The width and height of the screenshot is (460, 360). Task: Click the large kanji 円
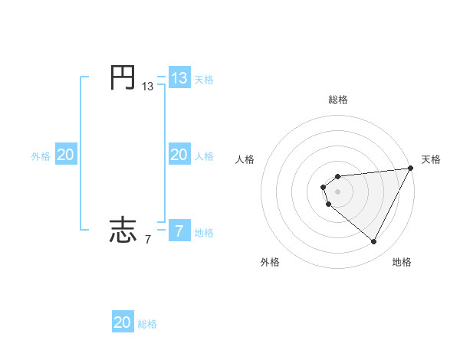[x=123, y=78]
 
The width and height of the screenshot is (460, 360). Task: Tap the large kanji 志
[x=123, y=231]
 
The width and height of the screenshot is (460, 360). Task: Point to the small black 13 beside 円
[x=147, y=87]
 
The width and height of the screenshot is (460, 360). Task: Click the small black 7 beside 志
[x=147, y=240]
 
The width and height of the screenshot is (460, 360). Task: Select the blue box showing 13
[x=179, y=78]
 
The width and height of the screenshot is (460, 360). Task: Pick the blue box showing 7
[x=179, y=231]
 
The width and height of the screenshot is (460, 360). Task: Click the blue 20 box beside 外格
[x=65, y=155]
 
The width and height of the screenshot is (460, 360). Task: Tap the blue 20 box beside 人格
[x=179, y=155]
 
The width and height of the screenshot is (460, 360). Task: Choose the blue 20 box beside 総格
[x=123, y=322]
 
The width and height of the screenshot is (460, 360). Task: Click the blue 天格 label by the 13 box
[x=204, y=80]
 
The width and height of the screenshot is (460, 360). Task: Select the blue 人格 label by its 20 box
[x=204, y=156]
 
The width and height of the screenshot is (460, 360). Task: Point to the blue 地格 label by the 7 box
[x=204, y=233]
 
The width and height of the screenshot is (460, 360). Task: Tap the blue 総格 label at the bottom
[x=147, y=324]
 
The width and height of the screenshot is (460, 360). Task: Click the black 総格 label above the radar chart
[x=338, y=100]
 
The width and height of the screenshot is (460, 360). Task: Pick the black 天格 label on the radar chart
[x=431, y=159]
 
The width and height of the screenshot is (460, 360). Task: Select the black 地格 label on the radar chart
[x=402, y=262]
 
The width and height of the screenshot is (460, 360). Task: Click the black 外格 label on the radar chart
[x=270, y=262]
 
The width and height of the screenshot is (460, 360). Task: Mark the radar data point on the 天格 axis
[x=410, y=169]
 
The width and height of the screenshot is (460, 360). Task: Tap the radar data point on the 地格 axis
[x=374, y=242]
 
